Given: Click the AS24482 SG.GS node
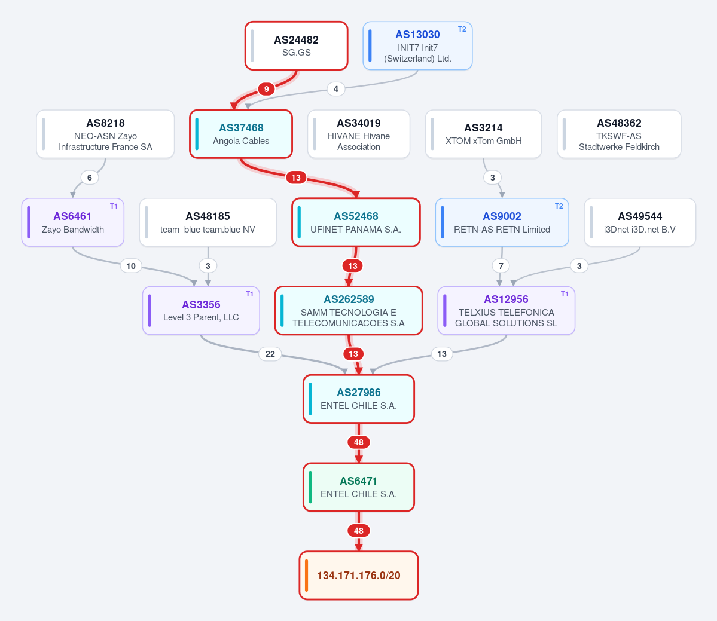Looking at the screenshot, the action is [x=297, y=45].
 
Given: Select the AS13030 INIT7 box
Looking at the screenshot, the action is [x=417, y=45].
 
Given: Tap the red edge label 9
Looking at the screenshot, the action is [x=266, y=88].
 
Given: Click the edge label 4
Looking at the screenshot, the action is [x=336, y=88].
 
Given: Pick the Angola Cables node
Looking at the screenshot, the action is [x=241, y=134].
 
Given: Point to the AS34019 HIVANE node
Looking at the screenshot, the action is [x=359, y=134].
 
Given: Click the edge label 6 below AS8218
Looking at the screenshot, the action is [x=90, y=178].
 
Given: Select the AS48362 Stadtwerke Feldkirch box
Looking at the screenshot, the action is [x=619, y=134].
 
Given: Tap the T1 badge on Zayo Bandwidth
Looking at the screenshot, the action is [x=114, y=206].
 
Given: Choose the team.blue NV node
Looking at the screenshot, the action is [x=208, y=222].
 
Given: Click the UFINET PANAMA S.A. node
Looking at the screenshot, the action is [x=356, y=222].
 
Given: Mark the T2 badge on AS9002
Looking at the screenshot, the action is [x=559, y=206].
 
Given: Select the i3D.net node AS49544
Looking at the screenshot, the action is [x=640, y=222].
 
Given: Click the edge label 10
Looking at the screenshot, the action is [x=131, y=265].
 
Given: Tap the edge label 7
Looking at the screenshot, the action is [x=501, y=265].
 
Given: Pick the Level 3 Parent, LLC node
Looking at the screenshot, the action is [x=201, y=310].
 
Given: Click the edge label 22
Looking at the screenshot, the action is [x=270, y=354].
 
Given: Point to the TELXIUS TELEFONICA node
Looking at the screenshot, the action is [x=506, y=310].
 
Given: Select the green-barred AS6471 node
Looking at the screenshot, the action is [x=359, y=487].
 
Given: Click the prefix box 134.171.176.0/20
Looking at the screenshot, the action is [x=359, y=576].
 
